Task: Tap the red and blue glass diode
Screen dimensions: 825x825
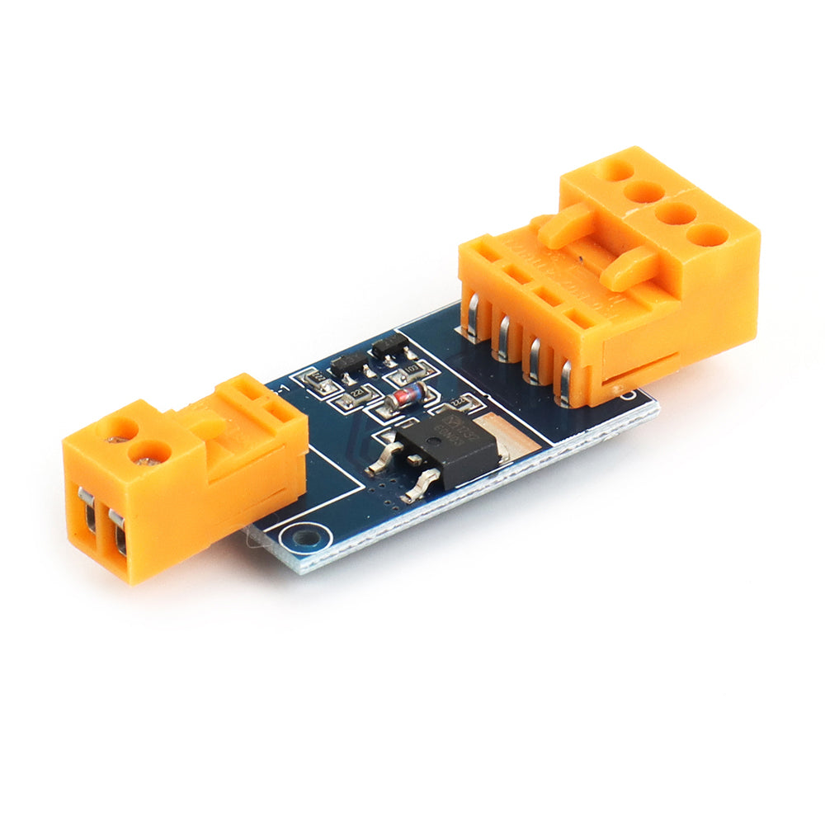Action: (x=407, y=397)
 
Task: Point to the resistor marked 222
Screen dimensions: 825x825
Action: (x=464, y=403)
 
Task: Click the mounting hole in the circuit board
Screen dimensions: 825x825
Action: (x=303, y=538)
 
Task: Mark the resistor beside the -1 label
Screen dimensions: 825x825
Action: (x=313, y=379)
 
